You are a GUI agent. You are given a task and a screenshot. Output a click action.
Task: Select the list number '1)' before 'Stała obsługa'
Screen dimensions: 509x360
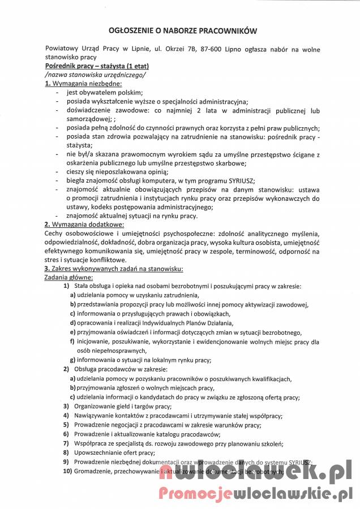coord(66,286)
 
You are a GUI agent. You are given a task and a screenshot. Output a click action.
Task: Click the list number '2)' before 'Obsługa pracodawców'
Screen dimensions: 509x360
coord(66,369)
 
